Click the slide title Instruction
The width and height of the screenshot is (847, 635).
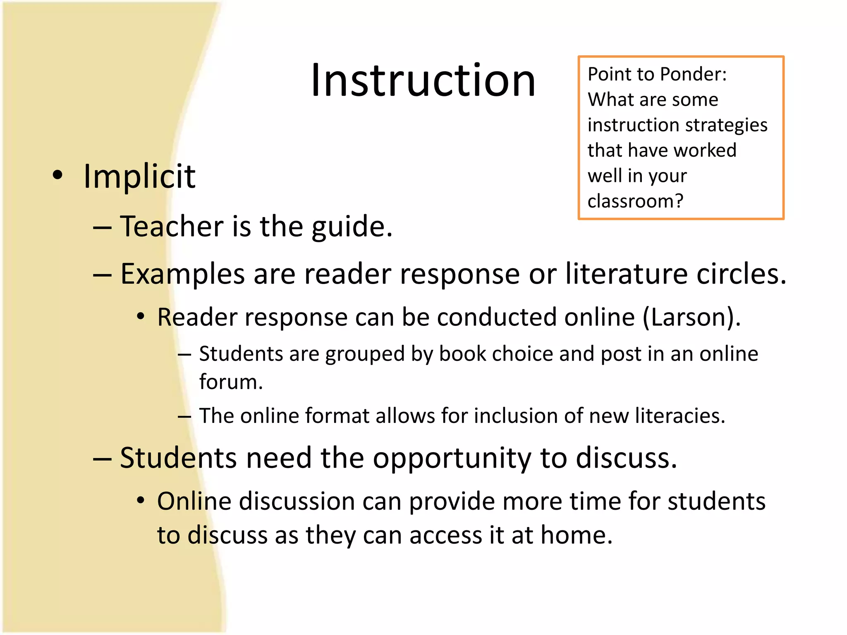423,81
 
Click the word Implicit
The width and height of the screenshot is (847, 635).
139,177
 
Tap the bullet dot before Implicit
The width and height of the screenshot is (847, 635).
58,175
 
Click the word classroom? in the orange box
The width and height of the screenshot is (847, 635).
635,201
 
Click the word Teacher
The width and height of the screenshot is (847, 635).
172,227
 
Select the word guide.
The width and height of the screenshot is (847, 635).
352,227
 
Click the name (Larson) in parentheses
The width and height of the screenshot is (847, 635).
691,317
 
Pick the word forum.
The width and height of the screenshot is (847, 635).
231,382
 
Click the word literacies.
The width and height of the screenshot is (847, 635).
680,416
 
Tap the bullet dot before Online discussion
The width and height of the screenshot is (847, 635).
141,501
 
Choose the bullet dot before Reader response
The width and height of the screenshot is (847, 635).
141,317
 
